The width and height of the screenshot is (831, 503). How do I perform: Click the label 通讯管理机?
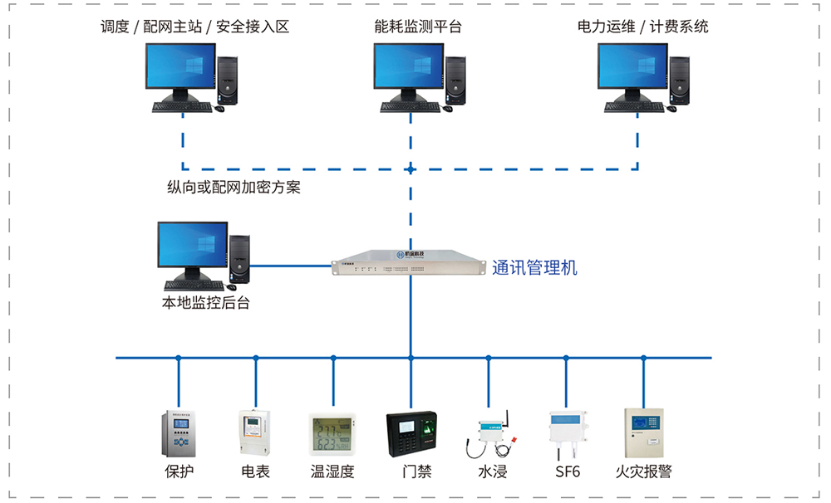[534, 268]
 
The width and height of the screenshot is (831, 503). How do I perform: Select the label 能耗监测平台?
[418, 27]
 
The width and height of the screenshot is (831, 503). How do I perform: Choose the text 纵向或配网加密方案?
[234, 188]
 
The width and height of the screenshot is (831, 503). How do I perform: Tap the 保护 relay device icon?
[179, 433]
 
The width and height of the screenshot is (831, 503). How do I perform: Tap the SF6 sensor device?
[566, 432]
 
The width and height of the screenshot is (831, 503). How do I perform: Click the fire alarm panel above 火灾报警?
[644, 431]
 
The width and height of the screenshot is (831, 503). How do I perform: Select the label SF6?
[568, 472]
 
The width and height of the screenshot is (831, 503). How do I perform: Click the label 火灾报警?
[643, 472]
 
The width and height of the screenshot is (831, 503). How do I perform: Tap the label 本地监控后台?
[205, 303]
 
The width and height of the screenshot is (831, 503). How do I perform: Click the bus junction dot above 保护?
[179, 358]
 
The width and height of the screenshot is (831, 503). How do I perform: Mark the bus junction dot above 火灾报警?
[643, 358]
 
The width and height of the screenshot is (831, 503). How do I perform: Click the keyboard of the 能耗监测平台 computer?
[410, 106]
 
